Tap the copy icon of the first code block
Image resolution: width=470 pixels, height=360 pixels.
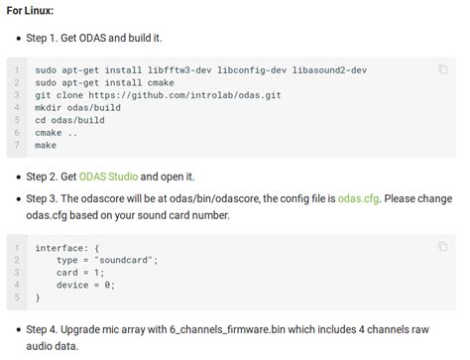click(442, 69)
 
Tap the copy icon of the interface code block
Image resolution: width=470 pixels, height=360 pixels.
click(442, 246)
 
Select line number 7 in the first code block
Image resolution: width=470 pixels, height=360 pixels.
click(18, 145)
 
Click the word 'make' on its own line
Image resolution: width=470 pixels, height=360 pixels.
click(46, 145)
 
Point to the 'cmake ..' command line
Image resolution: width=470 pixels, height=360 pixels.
click(55, 132)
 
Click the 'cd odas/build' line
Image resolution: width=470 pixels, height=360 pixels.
click(70, 120)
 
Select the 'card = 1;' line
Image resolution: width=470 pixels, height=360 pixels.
click(80, 272)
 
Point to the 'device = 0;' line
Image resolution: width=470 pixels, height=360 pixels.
click(86, 285)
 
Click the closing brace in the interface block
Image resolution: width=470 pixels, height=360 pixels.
click(38, 297)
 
